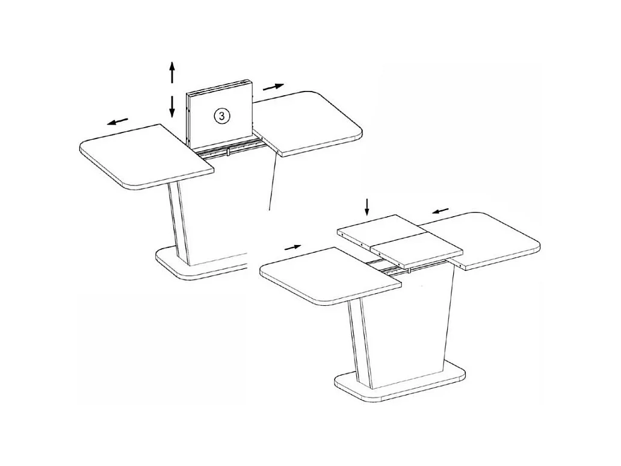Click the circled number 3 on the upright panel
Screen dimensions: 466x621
coord(222,116)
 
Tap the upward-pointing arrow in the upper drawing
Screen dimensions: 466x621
coord(172,72)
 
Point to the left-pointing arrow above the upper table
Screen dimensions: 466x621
coord(118,122)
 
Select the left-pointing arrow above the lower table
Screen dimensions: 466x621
coord(440,211)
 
